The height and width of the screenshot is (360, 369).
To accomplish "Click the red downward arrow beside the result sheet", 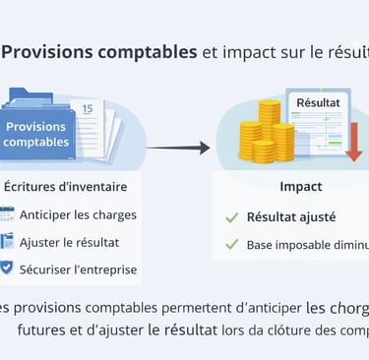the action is click(x=353, y=139).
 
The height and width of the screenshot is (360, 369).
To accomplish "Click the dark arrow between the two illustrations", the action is click(x=178, y=148).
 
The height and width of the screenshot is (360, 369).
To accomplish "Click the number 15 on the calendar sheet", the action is click(x=87, y=108).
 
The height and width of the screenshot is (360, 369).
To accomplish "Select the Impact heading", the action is click(x=300, y=186).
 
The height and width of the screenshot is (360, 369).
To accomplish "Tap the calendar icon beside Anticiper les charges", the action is click(x=8, y=213).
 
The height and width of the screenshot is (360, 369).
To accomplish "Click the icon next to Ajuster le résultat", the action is click(x=8, y=241).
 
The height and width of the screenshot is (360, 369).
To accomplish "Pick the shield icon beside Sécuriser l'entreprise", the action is click(x=8, y=268).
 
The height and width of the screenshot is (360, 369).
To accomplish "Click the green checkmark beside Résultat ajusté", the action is click(x=232, y=216).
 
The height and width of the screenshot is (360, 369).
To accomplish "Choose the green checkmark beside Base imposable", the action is click(x=232, y=244).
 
